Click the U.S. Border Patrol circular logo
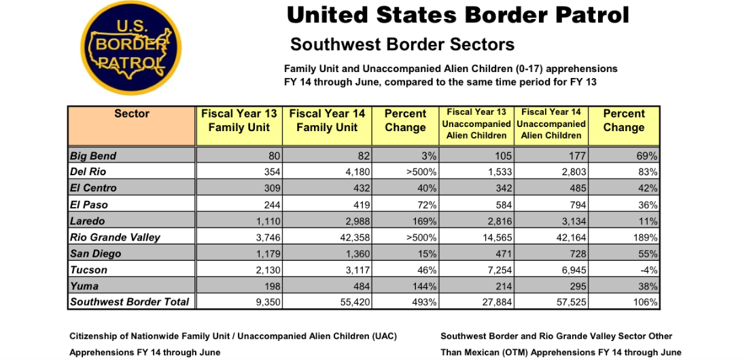point(131,48)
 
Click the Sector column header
point(132,114)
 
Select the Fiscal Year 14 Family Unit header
point(327,121)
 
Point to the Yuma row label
point(84,286)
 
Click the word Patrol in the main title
point(584,16)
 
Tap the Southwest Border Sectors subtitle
point(402,45)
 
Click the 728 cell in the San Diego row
point(576,253)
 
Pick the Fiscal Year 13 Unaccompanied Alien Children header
point(476,124)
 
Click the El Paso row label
point(88,205)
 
